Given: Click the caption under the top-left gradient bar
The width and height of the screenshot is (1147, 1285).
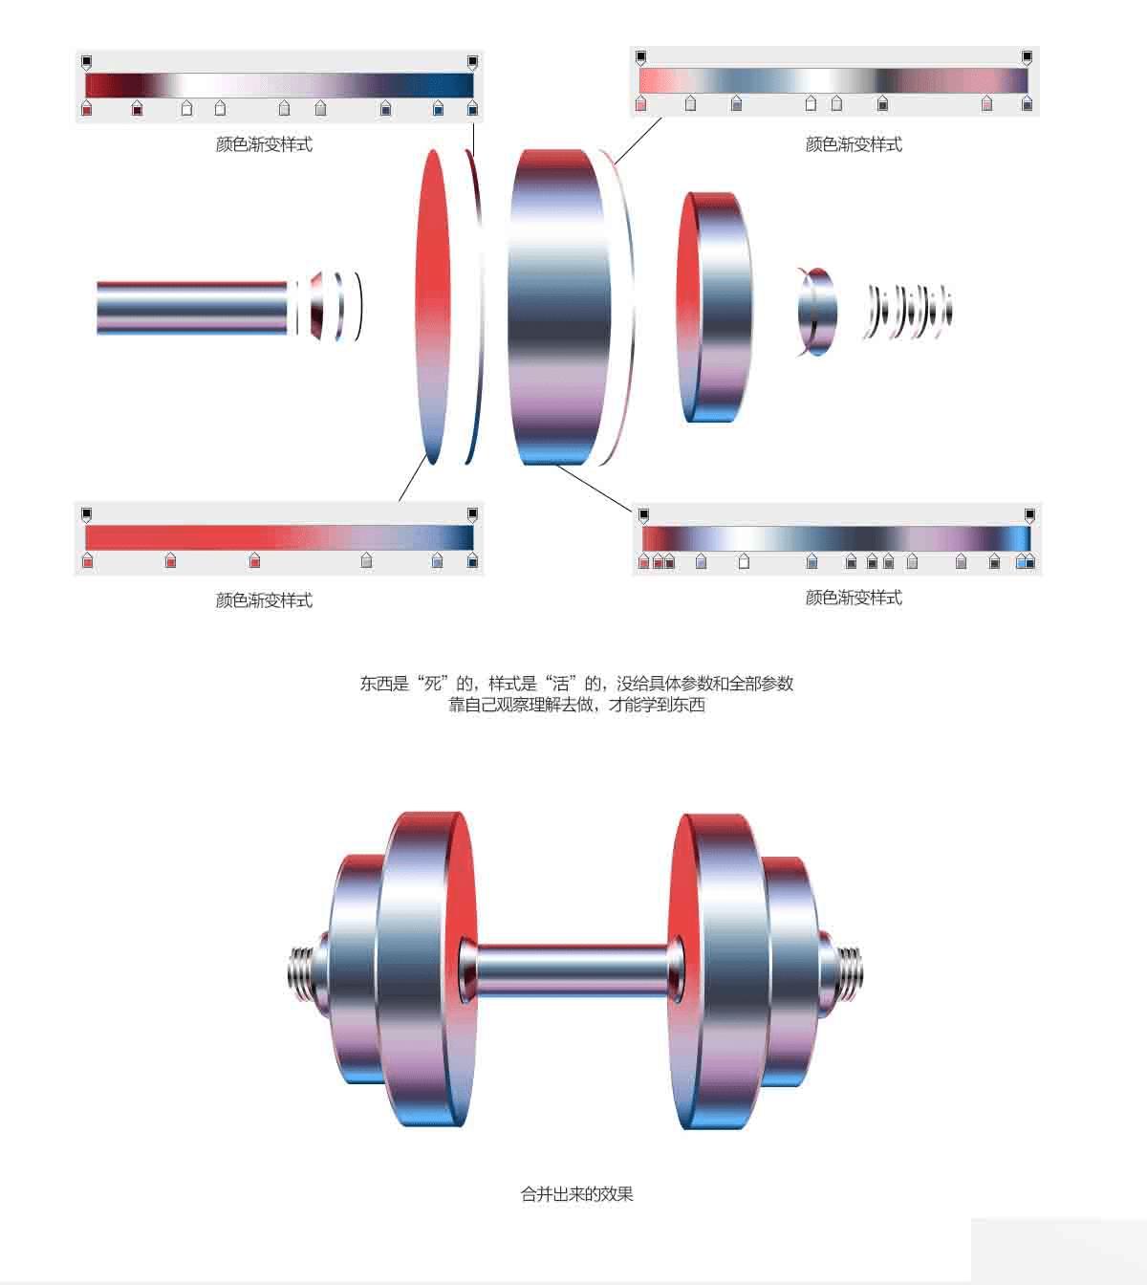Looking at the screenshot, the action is tap(264, 144).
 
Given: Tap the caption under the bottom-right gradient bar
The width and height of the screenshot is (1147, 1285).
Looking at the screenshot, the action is tap(854, 598).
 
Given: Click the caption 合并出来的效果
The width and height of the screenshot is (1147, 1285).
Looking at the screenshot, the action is tap(576, 1194).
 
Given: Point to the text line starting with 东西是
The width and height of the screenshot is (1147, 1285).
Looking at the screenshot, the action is tap(576, 683).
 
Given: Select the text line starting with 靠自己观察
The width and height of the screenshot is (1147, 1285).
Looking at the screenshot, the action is tap(576, 705).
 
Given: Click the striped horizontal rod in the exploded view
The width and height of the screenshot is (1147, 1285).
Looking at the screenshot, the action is tap(191, 308).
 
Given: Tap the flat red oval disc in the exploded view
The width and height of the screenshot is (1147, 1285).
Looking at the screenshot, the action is tap(432, 307).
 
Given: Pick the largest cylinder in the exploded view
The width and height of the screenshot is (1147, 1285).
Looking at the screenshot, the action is tap(561, 307).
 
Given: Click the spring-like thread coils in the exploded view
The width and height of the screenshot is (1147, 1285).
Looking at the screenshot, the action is tap(908, 312).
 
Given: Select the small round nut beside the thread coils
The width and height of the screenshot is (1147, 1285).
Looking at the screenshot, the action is tap(816, 312).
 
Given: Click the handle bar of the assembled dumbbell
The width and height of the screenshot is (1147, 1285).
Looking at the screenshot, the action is tap(573, 971).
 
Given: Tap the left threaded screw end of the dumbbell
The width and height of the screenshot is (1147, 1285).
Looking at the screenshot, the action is tap(301, 971).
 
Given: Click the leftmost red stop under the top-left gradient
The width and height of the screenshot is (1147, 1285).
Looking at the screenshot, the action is tap(87, 108).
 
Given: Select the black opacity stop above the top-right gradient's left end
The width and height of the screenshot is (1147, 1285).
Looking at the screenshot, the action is tap(641, 57).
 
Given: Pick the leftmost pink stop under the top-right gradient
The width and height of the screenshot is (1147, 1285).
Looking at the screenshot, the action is tap(641, 103).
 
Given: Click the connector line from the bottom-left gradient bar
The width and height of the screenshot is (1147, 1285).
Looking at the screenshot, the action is tap(414, 477).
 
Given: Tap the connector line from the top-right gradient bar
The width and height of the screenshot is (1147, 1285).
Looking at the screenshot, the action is tap(638, 141).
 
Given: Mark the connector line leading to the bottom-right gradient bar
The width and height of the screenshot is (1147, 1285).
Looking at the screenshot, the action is tap(595, 487).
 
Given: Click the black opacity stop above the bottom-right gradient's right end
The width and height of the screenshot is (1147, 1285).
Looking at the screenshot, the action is tap(1029, 514).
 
